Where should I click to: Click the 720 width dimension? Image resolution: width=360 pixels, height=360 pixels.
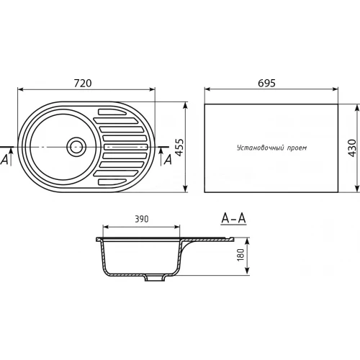[83, 83]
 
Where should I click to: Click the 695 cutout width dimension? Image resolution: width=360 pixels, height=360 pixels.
[266, 83]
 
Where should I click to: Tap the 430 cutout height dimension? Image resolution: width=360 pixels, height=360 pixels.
[352, 148]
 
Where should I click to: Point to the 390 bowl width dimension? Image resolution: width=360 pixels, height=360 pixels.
[142, 219]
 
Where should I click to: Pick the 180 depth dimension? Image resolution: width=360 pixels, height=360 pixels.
[240, 255]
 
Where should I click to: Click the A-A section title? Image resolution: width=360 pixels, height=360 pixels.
[233, 218]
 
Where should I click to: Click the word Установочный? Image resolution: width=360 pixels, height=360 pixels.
[260, 148]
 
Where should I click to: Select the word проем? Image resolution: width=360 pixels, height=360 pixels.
[297, 148]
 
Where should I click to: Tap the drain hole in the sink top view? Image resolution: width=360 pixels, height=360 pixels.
[76, 146]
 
